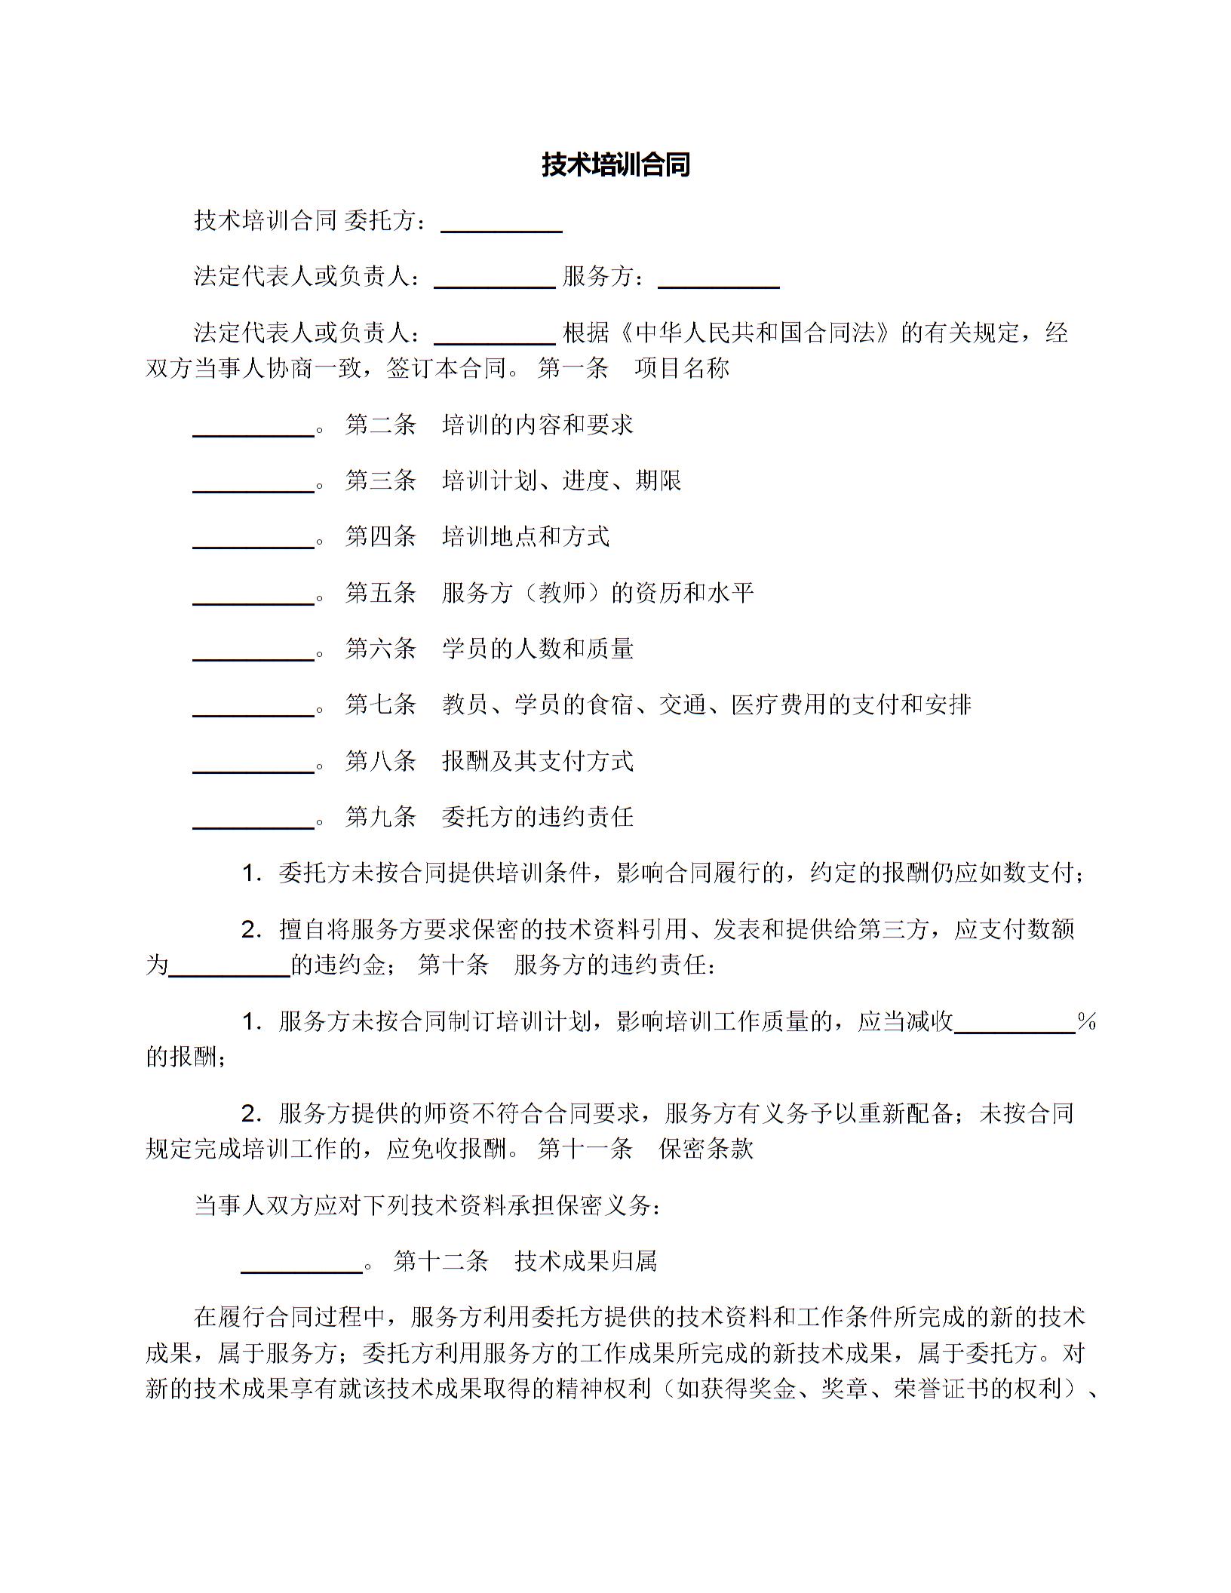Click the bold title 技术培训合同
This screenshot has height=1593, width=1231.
pyautogui.click(x=615, y=164)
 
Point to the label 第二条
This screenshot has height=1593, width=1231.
pyautogui.click(x=381, y=425)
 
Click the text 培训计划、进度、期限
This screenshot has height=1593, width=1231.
pyautogui.click(x=562, y=480)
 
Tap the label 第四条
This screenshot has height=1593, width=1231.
pyautogui.click(x=381, y=536)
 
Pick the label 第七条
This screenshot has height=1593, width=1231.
pyautogui.click(x=381, y=704)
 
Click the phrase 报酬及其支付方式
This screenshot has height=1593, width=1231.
pyautogui.click(x=538, y=760)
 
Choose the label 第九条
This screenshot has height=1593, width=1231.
pyautogui.click(x=381, y=816)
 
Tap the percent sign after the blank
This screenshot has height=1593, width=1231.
pyautogui.click(x=1086, y=1022)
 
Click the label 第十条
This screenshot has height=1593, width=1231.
pyautogui.click(x=453, y=965)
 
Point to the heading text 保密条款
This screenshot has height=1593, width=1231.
pyautogui.click(x=706, y=1149)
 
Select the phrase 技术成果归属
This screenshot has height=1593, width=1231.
pyautogui.click(x=586, y=1260)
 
